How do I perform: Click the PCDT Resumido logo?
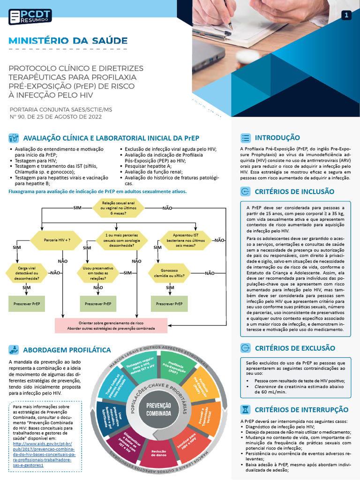coord(30,16)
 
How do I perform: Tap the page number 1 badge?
coord(346,15)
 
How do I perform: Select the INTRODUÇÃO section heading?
coord(277,138)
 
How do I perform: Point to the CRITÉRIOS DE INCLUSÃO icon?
coord(245,191)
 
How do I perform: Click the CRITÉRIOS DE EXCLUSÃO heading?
coord(295,348)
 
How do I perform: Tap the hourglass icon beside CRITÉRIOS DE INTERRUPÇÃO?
coord(245,409)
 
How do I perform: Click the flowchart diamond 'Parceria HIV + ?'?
coord(57,240)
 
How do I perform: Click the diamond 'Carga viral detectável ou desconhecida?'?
coord(27,273)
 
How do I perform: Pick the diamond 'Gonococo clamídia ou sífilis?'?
coord(169,273)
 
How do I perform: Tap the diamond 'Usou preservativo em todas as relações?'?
coord(98,273)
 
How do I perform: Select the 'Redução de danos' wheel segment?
coord(159,453)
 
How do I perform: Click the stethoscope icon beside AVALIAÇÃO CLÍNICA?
coord(14,138)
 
